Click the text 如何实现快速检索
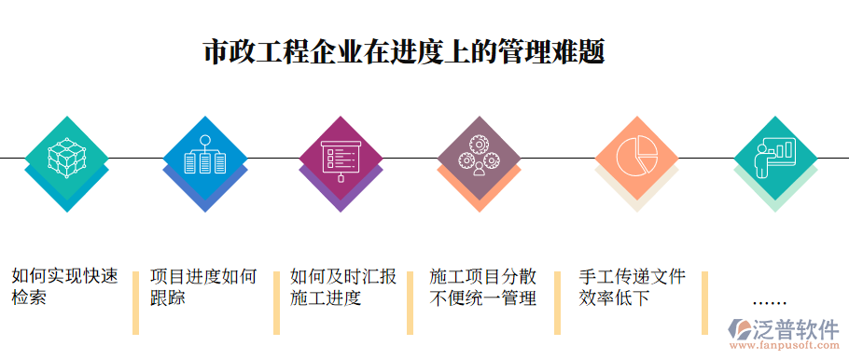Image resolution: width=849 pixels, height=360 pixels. tap(64, 287)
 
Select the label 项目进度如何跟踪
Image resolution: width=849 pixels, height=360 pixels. tap(202, 287)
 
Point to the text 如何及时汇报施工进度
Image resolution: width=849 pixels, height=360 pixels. tap(342, 287)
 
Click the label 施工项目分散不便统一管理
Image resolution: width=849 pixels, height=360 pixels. tap(482, 287)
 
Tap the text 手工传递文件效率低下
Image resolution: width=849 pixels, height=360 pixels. tap(632, 287)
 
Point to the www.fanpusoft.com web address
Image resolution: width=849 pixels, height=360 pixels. tap(783, 347)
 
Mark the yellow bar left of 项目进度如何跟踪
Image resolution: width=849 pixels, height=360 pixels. tap(136, 302)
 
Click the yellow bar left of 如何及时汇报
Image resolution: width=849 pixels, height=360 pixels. tap(276, 302)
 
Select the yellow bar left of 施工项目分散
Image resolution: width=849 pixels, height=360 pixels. tap(410, 302)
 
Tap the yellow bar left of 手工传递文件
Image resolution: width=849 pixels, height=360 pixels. tap(558, 302)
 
